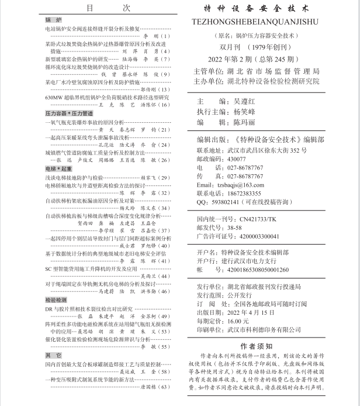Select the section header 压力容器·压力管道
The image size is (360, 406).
tap(69, 113)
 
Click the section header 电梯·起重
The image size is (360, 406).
tap(58, 168)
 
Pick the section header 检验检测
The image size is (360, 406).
tap(56, 298)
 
